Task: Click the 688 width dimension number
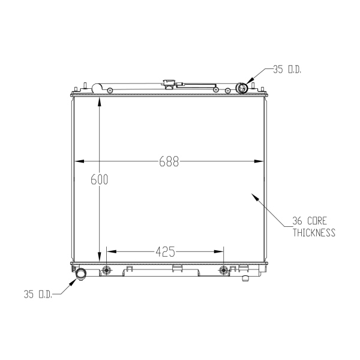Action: (169, 161)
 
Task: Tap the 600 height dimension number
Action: (99, 179)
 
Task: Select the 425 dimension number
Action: (166, 251)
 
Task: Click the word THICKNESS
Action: (314, 233)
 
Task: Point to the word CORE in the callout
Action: (317, 221)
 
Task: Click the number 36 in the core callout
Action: (297, 221)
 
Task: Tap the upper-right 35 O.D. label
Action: (287, 70)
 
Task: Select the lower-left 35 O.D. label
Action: (38, 294)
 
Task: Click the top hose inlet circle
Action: (242, 88)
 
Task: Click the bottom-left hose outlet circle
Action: (81, 274)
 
